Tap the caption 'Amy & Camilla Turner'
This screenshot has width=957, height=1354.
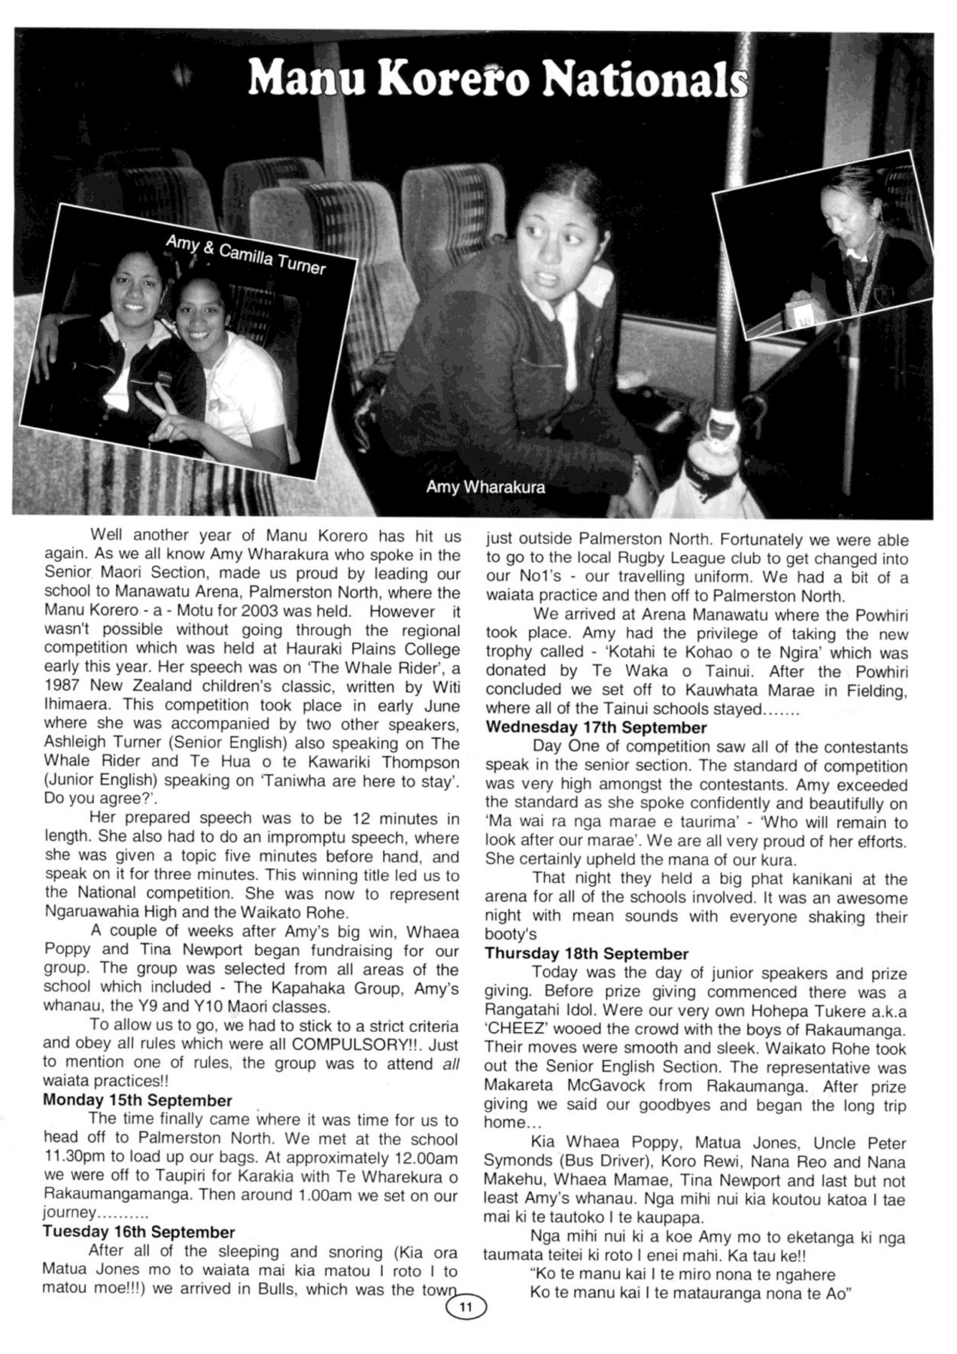[245, 253]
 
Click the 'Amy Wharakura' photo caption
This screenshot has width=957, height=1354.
[485, 487]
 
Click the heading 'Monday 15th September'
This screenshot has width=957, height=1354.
[138, 1101]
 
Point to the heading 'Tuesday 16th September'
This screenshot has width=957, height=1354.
[139, 1231]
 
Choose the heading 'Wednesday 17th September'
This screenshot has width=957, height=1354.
[596, 727]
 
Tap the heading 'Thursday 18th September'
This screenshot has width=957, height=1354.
[587, 954]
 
